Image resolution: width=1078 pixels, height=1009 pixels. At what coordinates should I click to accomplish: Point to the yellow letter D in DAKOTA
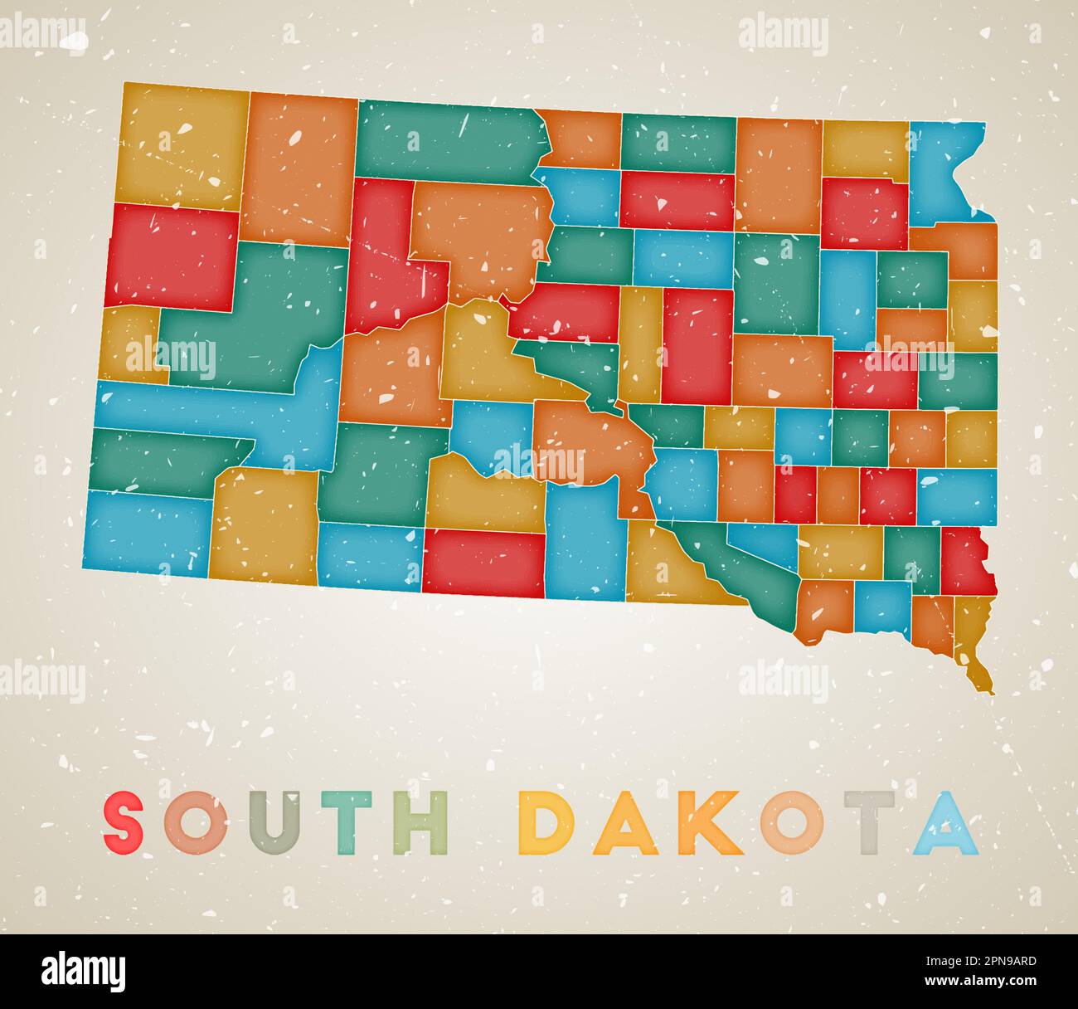(x=547, y=823)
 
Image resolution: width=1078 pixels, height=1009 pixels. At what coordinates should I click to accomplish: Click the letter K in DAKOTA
(x=712, y=823)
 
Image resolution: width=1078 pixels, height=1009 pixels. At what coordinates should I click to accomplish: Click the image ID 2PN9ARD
(x=993, y=962)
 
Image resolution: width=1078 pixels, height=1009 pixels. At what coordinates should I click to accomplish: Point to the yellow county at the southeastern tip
(x=973, y=639)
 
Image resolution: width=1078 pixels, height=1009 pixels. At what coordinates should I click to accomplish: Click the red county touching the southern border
(x=483, y=563)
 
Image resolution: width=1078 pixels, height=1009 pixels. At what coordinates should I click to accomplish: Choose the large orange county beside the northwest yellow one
(x=300, y=170)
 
